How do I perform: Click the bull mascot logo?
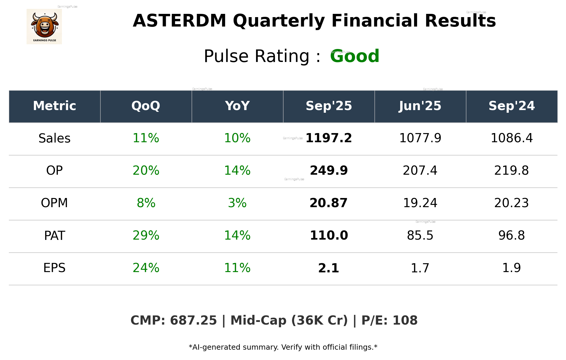[x=44, y=26]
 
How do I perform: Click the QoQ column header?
[x=146, y=106]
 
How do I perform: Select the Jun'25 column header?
[x=420, y=106]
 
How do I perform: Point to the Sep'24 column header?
[x=511, y=106]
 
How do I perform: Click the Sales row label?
[x=55, y=138]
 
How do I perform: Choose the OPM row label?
[x=55, y=203]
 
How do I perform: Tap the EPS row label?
[x=55, y=268]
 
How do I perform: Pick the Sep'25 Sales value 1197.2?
[x=329, y=138]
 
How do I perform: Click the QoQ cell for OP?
[x=146, y=171]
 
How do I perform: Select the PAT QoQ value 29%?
[x=146, y=235]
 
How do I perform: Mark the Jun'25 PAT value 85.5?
[x=420, y=235]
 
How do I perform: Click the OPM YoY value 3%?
[x=237, y=203]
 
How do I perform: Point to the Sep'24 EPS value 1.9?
[x=511, y=268]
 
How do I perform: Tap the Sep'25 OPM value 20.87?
[x=329, y=203]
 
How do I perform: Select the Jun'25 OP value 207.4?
[x=420, y=171]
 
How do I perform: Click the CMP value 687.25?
[x=193, y=320]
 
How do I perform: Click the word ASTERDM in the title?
[x=179, y=21]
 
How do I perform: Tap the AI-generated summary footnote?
[x=283, y=347]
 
